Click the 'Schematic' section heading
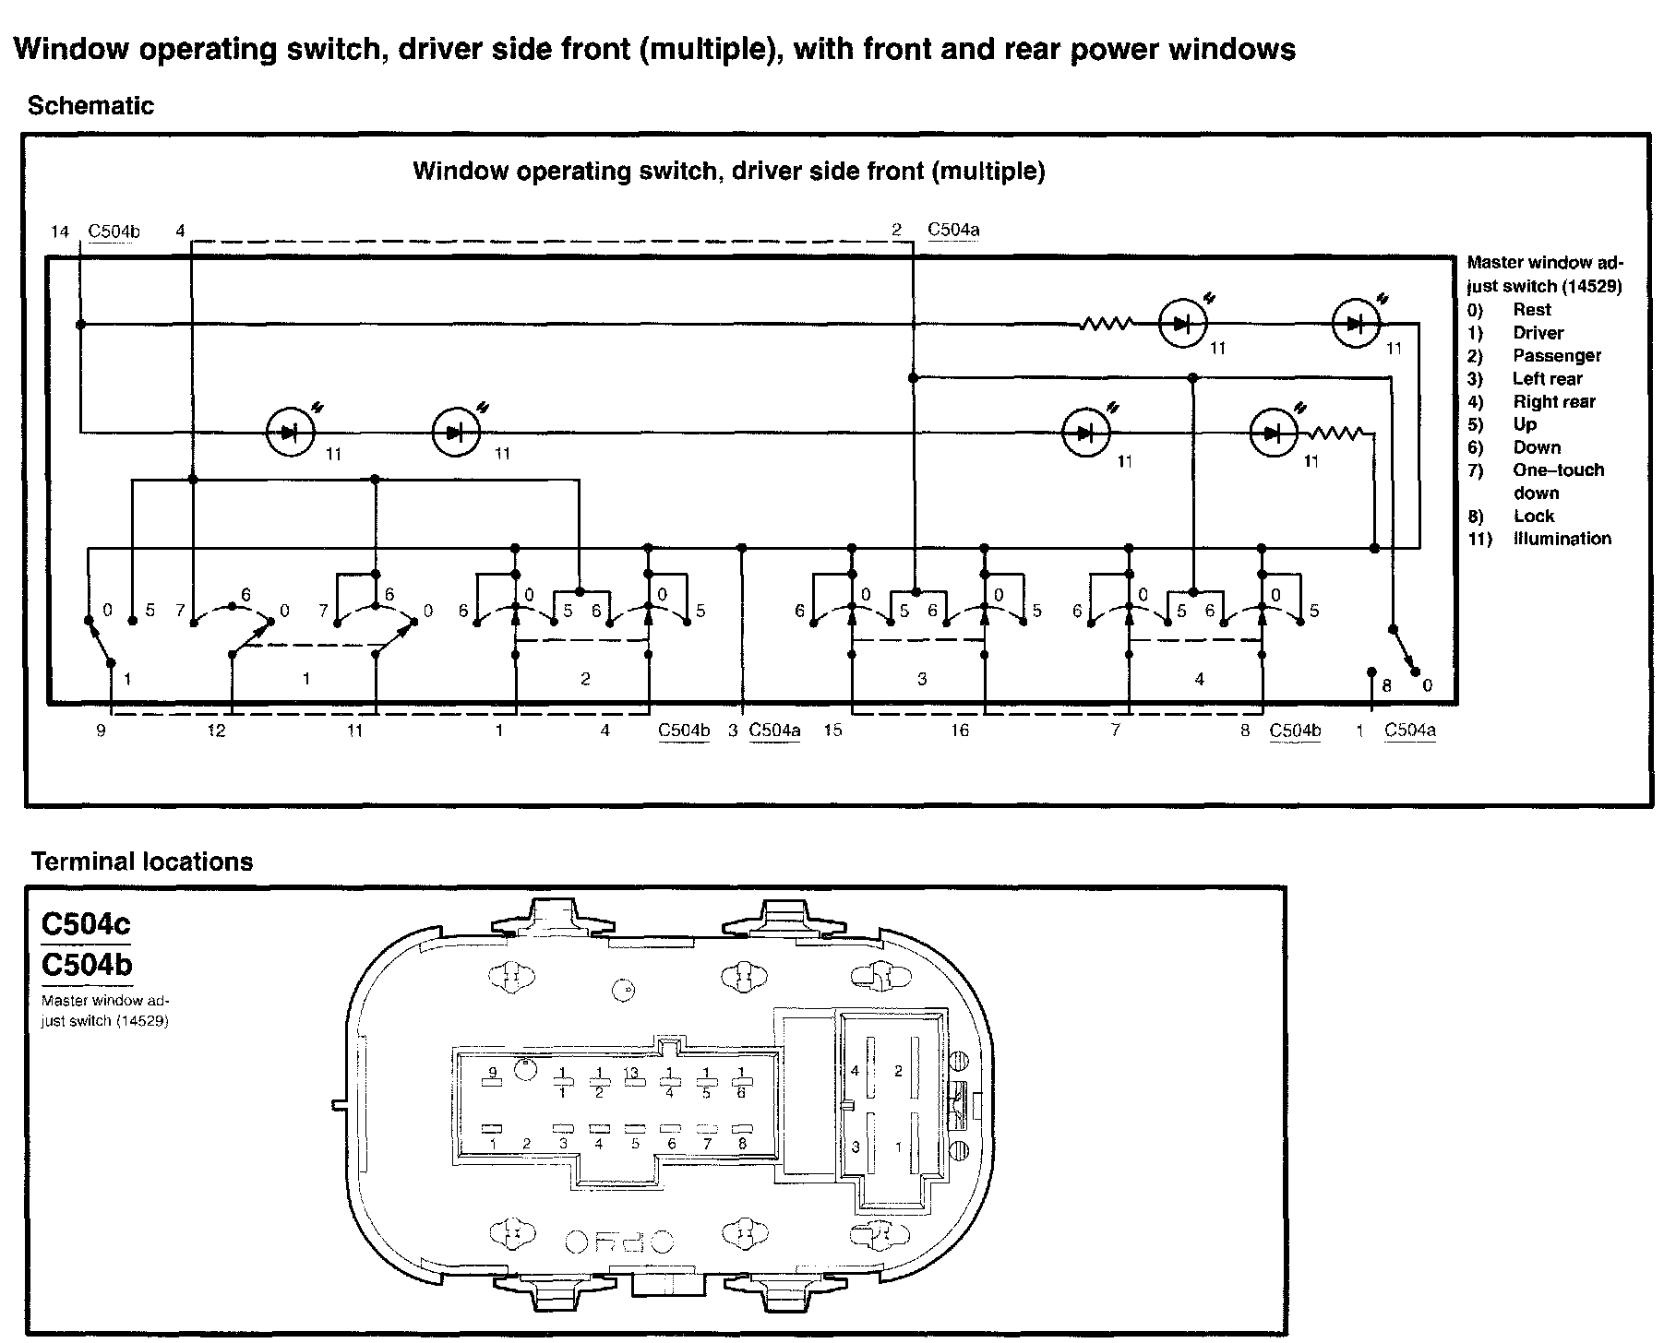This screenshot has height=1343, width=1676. [90, 106]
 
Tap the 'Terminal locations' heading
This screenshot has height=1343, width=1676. [141, 862]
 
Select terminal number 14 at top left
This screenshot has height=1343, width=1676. [60, 231]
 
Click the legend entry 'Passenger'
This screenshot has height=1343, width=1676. [1556, 356]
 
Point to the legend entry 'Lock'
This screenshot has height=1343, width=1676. [1533, 517]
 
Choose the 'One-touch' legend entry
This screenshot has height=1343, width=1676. [1558, 470]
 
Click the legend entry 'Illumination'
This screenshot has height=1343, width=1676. [1562, 539]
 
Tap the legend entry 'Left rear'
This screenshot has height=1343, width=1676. [1547, 379]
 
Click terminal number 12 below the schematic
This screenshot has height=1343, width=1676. [216, 731]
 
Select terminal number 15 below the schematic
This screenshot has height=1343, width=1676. [832, 731]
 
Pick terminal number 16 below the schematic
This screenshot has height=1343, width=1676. [960, 731]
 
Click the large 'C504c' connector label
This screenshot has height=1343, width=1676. [86, 923]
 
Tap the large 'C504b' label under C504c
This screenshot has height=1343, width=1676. [86, 965]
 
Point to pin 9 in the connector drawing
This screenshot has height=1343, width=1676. [492, 1072]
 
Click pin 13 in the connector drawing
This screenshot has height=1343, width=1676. [632, 1073]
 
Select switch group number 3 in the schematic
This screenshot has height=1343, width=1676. [922, 679]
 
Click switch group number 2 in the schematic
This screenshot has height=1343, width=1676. [585, 679]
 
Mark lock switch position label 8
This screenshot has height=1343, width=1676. [1386, 685]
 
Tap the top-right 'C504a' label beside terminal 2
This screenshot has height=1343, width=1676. [952, 230]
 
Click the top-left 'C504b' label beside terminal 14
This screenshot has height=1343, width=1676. [114, 231]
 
